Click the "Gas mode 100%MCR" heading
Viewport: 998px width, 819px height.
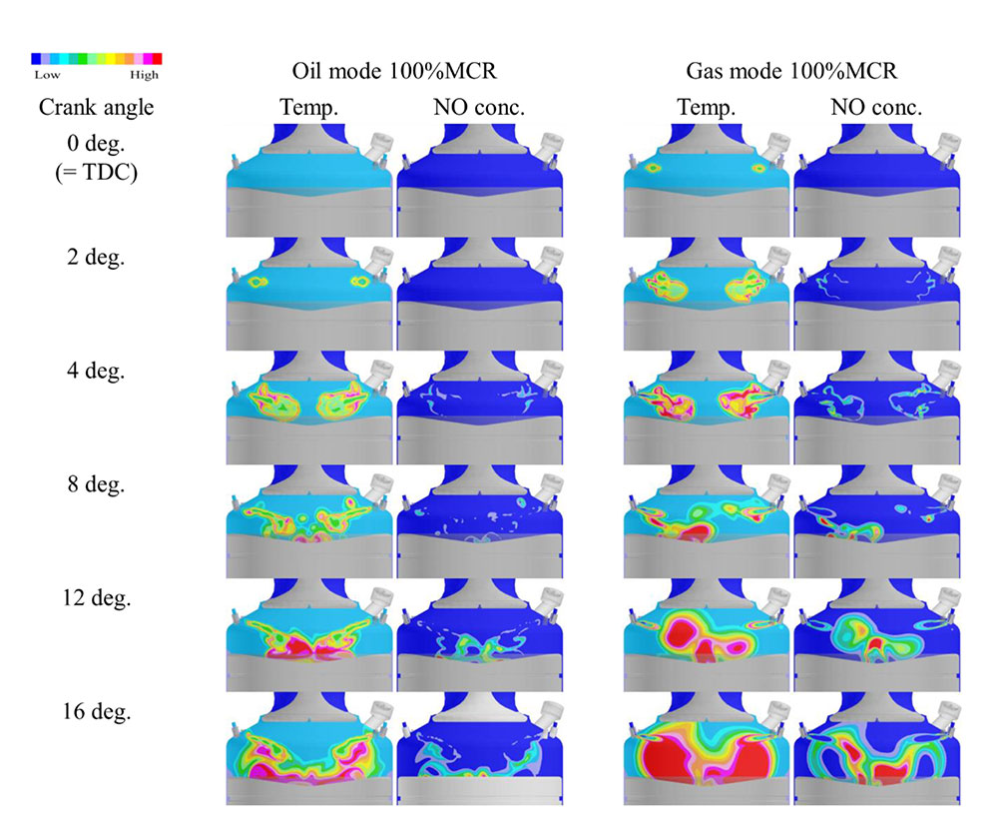click(791, 72)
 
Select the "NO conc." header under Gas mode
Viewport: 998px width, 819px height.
click(876, 107)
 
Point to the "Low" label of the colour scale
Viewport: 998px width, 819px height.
click(47, 74)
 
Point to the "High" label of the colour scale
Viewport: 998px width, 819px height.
click(144, 74)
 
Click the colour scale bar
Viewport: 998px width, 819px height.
click(96, 60)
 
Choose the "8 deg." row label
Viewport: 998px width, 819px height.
click(96, 485)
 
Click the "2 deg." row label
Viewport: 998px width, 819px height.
click(96, 257)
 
